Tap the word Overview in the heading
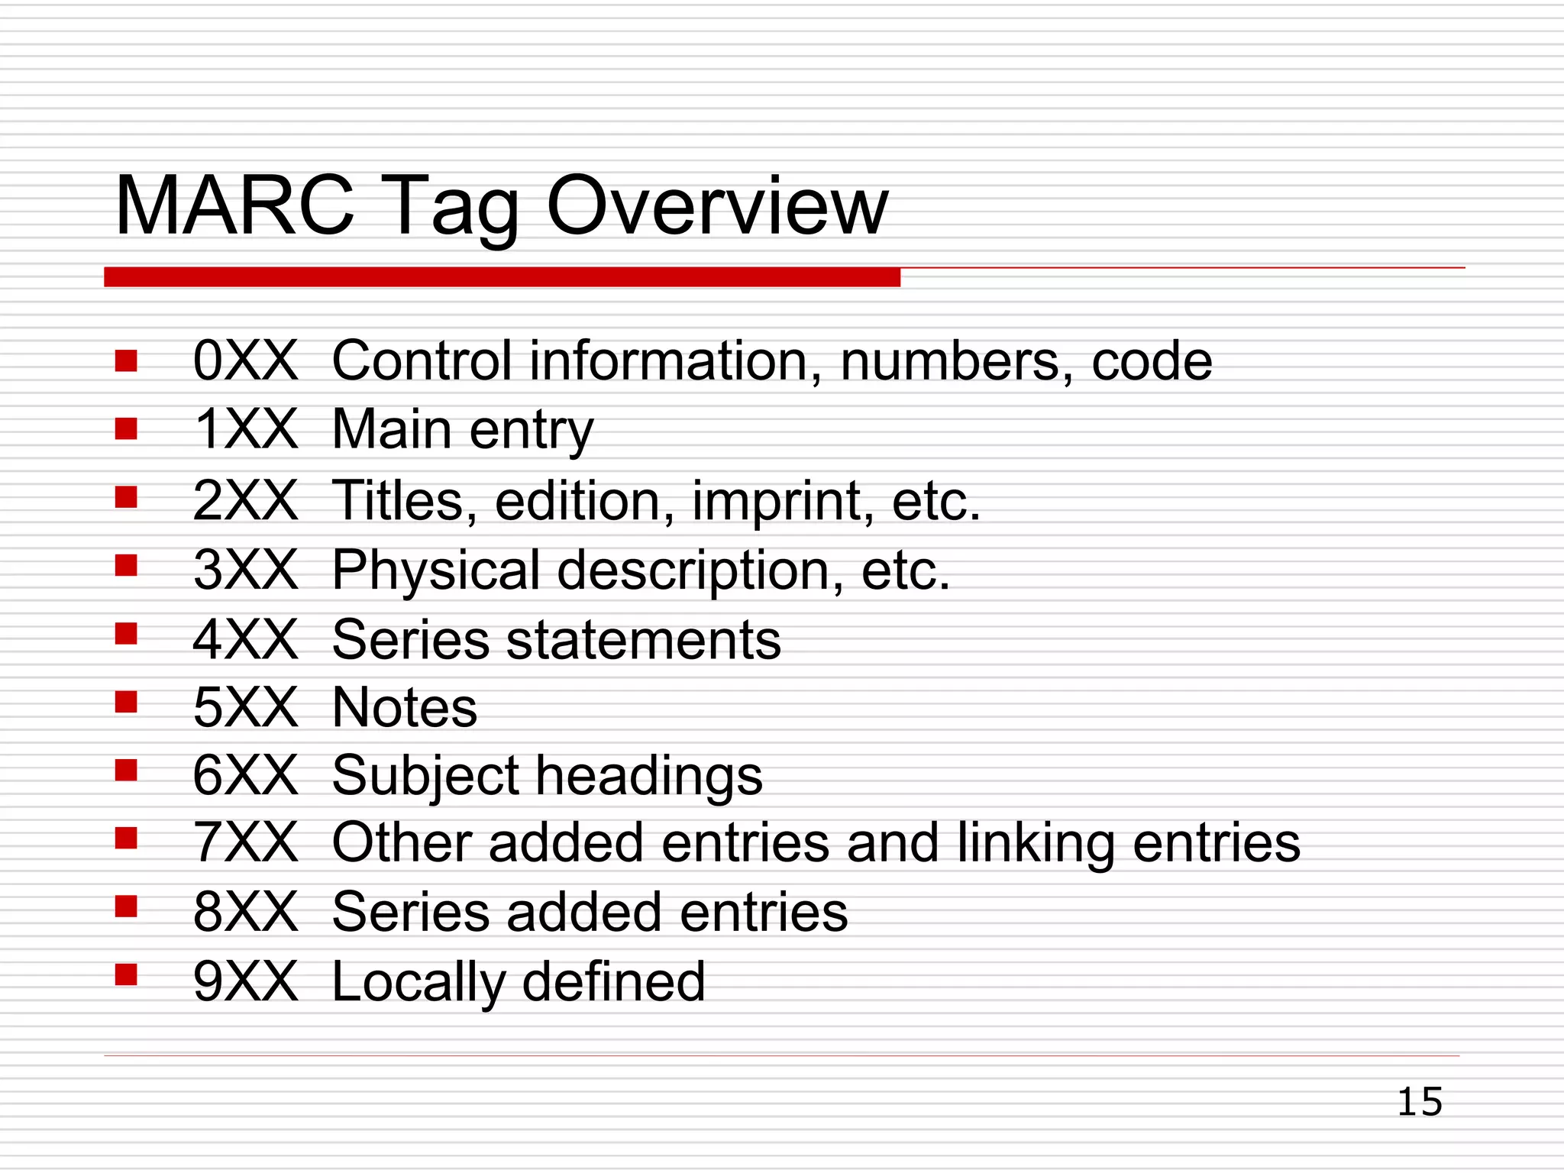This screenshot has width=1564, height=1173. [x=717, y=206]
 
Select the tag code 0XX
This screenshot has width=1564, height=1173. [x=245, y=360]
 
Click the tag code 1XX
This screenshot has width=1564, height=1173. [x=245, y=429]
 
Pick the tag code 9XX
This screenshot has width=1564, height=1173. [x=245, y=981]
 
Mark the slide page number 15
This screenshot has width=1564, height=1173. [x=1420, y=1102]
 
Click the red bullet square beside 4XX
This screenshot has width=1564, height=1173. [x=126, y=634]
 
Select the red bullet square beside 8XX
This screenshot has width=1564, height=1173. [x=126, y=906]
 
